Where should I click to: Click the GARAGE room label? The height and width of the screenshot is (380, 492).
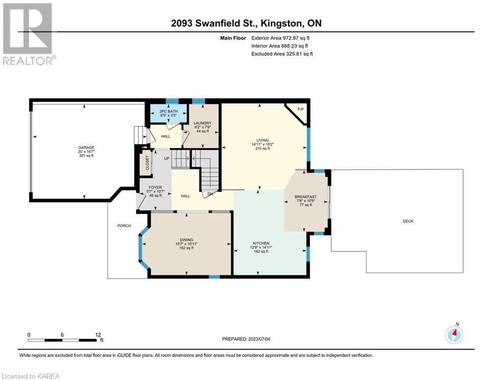coord(87,147)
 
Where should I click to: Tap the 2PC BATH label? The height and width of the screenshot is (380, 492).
coord(169,111)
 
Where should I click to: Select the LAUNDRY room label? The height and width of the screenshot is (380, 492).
coord(202,123)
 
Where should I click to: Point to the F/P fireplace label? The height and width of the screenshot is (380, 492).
coord(300,109)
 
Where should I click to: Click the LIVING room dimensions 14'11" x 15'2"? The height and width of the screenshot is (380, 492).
coord(263,144)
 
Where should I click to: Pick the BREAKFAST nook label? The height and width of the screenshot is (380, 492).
coord(306,197)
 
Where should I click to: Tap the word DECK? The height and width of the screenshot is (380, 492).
coord(408,221)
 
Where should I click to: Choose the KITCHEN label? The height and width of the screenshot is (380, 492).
coord(261,243)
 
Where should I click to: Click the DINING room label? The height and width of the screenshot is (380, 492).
coord(186,239)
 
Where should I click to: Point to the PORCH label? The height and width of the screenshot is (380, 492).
coord(124,226)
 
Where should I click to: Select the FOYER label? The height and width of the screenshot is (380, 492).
coord(155,187)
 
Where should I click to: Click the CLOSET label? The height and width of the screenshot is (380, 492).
coord(147,163)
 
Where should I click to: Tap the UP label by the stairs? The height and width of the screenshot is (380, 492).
coord(167,158)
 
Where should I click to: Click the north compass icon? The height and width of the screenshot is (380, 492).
coord(454,335)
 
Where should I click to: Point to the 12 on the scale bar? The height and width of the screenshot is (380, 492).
coord(98,335)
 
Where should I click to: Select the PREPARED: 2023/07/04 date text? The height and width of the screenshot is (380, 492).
coord(246,339)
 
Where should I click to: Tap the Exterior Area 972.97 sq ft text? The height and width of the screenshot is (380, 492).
coord(280,38)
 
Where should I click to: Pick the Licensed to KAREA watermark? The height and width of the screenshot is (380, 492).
coord(31,376)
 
